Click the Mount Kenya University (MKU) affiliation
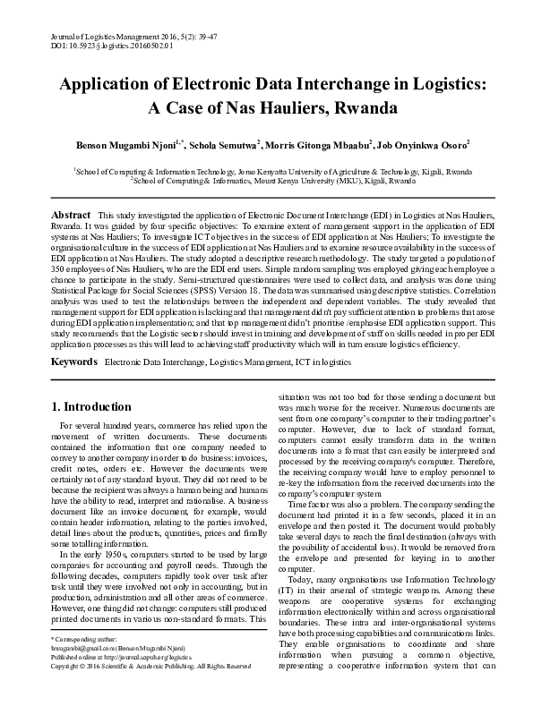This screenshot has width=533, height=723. (x=273, y=179)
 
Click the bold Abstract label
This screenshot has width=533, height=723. (x=71, y=216)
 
